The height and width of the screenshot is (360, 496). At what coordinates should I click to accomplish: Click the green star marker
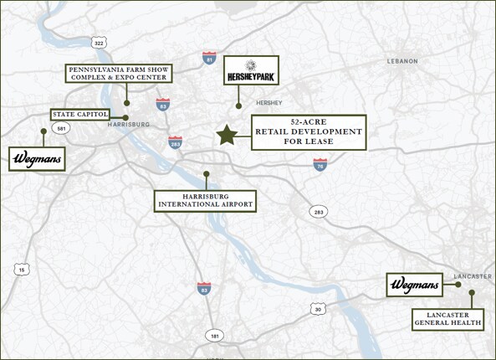[226, 136]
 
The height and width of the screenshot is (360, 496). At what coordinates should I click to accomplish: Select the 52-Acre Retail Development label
[309, 132]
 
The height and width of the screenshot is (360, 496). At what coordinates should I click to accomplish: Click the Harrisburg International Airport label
[205, 199]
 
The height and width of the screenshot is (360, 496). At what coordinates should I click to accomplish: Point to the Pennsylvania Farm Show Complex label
[119, 73]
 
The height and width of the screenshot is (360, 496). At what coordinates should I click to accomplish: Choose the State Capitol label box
[79, 115]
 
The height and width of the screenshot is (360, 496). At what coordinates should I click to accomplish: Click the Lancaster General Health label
[447, 317]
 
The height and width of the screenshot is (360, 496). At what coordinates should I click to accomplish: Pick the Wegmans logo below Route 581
[38, 158]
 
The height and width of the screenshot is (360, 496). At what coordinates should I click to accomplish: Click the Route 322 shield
[100, 43]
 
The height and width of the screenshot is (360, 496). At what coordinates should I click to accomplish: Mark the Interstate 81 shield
[209, 58]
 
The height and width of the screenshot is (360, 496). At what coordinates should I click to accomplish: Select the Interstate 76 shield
[321, 166]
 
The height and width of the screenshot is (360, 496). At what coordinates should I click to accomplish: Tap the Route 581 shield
[59, 128]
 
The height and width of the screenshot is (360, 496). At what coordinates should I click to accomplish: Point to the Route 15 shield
[20, 269]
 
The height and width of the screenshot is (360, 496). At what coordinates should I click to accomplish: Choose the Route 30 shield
[316, 309]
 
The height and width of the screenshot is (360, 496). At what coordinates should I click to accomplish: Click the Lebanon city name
[402, 61]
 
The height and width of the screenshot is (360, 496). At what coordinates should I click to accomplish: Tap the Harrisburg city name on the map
[128, 125]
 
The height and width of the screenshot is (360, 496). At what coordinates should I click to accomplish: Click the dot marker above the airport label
[206, 174]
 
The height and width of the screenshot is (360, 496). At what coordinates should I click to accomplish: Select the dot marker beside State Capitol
[125, 117]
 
